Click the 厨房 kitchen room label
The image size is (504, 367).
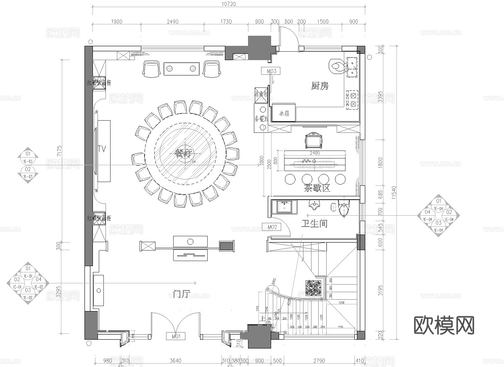click(320, 86)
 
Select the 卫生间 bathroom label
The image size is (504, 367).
click(314, 224)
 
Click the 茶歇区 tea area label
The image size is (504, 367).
click(317, 188)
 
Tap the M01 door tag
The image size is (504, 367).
click(176, 336)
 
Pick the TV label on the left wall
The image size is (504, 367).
click(101, 148)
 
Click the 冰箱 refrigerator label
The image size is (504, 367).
click(284, 114)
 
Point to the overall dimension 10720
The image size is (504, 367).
click(228, 4)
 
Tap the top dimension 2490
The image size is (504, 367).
click(172, 21)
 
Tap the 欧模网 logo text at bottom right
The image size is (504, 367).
click(444, 325)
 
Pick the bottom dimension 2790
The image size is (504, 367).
click(319, 361)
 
